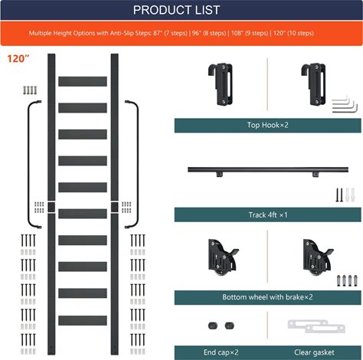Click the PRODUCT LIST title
pos(176,10)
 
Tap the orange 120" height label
pos(18,59)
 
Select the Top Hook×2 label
pos(267,125)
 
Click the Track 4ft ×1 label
pos(268,214)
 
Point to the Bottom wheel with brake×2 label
pos(267,297)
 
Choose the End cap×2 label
pos(221,352)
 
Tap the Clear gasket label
pos(314,352)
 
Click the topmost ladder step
pos(83,81)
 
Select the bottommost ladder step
pos(83,320)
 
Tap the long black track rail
pos(268,169)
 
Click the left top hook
pos(221,84)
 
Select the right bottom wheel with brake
pos(318,257)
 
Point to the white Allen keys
pos(344,104)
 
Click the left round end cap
pos(213,326)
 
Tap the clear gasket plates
pos(316,326)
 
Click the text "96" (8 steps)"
pos(209,33)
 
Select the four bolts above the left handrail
pos(30,90)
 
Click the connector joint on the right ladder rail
pos(115,207)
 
